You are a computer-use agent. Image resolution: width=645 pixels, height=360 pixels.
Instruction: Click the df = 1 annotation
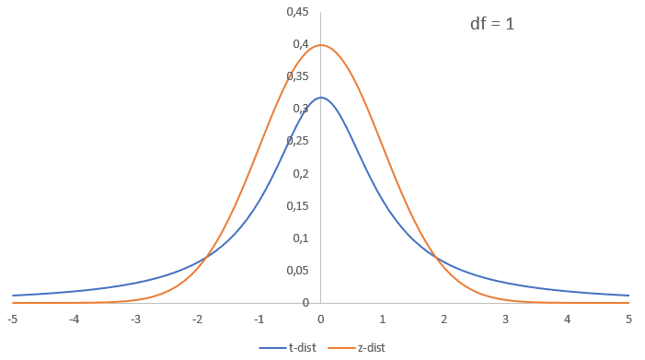coord(492,24)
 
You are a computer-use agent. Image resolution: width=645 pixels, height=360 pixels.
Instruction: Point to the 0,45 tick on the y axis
coord(297,12)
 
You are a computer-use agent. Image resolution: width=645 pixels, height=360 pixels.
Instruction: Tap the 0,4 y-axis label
coord(300,44)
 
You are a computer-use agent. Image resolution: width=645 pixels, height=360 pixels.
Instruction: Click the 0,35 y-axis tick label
coord(297,76)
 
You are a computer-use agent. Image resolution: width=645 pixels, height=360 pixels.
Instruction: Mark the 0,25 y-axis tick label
coord(297,141)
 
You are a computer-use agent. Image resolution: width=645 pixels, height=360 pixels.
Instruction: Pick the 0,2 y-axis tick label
coord(300,173)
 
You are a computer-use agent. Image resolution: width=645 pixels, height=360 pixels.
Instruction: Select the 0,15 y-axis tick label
coord(297,205)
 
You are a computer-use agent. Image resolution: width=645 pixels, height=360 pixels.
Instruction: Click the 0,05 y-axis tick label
coord(297,270)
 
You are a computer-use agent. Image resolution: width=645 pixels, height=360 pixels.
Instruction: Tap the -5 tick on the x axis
coord(12,319)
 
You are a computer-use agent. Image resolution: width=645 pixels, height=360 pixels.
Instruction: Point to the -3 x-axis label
coord(135,319)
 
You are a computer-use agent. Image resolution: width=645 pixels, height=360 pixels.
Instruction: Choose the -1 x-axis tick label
coord(259,319)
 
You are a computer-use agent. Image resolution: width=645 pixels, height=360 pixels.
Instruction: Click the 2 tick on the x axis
coord(444,319)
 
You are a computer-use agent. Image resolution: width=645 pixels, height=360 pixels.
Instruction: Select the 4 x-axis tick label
coord(568,319)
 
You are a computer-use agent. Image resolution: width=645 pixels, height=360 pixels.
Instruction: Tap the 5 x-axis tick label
coord(629,319)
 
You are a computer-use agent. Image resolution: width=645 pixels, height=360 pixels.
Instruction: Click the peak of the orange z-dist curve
coord(321,45)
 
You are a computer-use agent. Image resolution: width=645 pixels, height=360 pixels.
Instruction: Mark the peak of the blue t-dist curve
coord(321,98)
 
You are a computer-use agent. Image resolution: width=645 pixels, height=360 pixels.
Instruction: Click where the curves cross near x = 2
coord(436,258)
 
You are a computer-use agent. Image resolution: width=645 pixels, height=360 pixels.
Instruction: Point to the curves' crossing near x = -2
coord(206,258)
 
